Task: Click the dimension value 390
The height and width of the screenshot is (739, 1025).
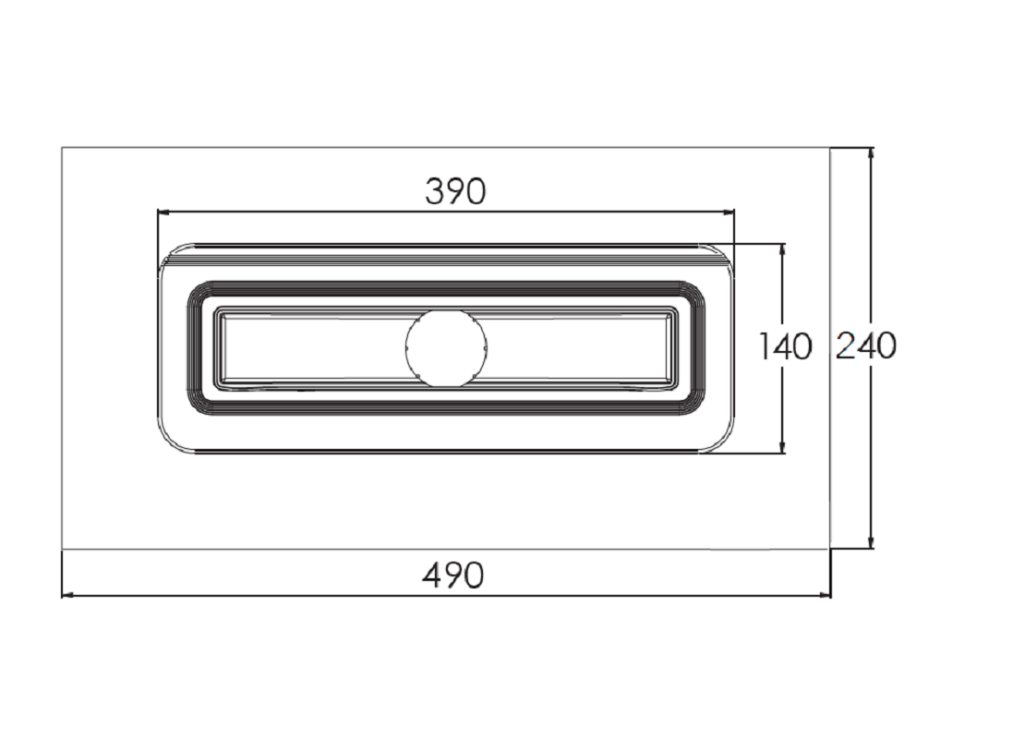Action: click(455, 191)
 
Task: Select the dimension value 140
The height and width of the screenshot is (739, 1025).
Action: click(785, 346)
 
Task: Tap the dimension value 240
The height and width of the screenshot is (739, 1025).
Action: click(866, 345)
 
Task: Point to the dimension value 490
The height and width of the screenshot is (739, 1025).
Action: click(453, 575)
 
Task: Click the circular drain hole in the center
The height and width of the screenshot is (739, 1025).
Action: click(446, 346)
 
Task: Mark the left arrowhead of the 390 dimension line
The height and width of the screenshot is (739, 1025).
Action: click(163, 212)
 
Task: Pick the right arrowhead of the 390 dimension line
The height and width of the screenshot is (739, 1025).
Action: click(728, 212)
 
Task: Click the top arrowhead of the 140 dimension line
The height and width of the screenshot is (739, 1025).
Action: click(782, 251)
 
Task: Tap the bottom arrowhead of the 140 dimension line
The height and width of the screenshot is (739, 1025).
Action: click(782, 447)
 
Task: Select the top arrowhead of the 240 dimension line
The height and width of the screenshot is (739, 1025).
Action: click(870, 154)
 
